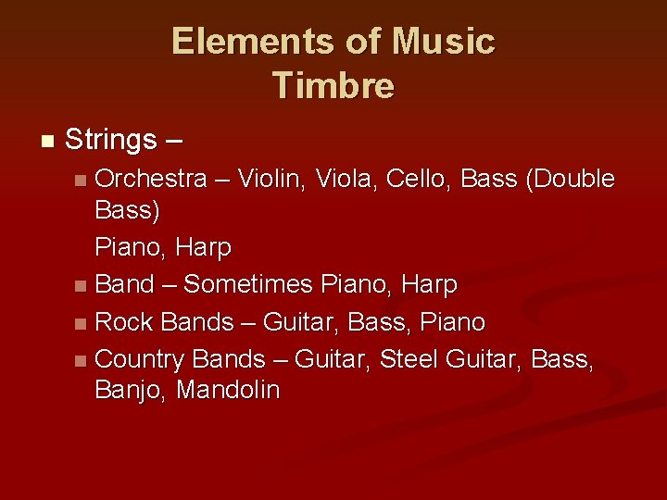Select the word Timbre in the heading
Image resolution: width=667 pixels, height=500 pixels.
(333, 85)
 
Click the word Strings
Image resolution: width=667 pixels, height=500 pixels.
(111, 141)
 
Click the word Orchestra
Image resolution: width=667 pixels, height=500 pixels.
(151, 178)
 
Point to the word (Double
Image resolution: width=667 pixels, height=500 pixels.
(569, 178)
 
